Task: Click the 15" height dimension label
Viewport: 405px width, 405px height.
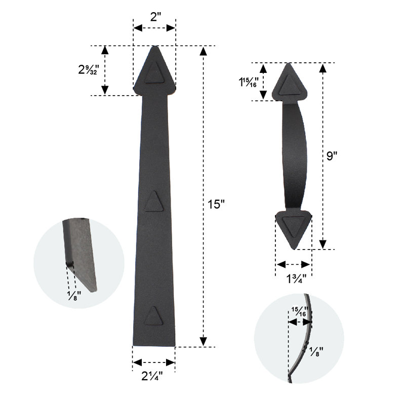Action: coord(216,204)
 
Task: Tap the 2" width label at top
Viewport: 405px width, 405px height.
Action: coord(155,17)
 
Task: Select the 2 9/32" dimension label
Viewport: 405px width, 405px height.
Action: coord(89,69)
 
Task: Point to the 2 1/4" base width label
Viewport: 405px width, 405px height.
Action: coord(152,376)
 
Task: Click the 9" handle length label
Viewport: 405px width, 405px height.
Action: coord(332,156)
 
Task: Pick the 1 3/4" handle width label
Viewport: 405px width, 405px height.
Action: coord(296,279)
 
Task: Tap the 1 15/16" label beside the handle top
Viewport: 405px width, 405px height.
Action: coord(248,82)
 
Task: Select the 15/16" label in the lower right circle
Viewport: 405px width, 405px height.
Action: coord(300,311)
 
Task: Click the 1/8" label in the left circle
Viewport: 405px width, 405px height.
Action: coord(74,296)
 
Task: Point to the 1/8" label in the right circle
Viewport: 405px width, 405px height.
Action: coord(316,352)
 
